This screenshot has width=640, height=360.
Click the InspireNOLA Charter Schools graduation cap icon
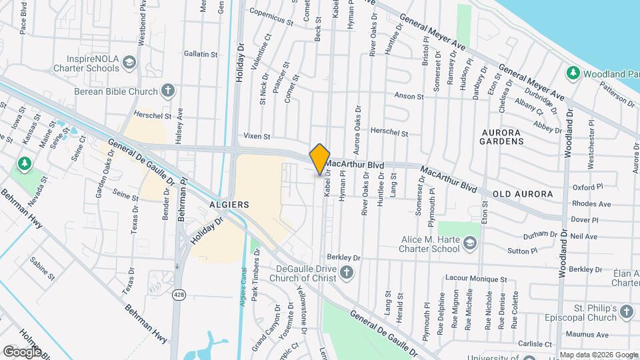point(129,63)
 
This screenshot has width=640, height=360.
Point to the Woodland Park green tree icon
point(571,72)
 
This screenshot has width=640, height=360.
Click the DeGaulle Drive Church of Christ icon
point(345,272)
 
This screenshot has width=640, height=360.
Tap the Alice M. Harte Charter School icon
point(470,244)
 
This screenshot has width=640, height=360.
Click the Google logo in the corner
point(22,351)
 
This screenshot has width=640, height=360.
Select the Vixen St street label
point(257,136)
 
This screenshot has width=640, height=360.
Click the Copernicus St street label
point(271,16)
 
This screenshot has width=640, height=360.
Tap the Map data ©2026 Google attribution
point(598,355)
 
